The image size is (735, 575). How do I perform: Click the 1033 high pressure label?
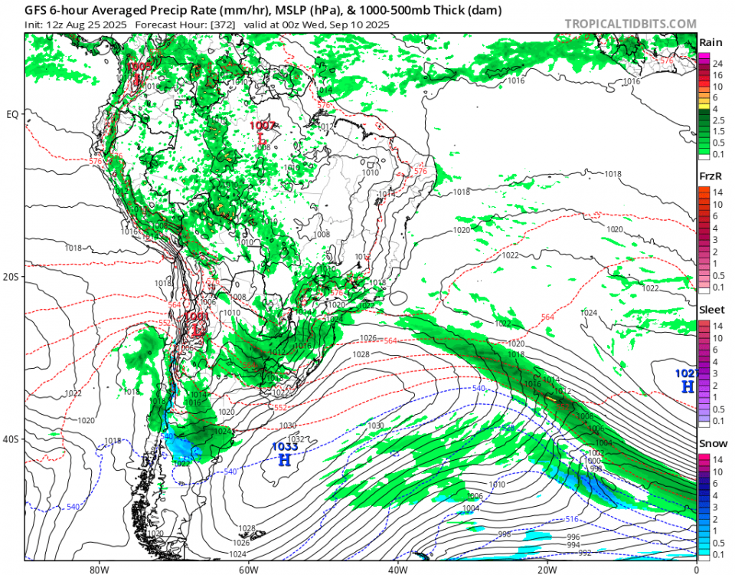click(284, 446)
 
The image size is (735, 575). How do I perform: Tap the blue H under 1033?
click(284, 460)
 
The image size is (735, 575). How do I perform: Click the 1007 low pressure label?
click(263, 125)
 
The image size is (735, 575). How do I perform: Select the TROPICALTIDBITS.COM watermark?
click(630, 24)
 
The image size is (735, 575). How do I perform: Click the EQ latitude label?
click(11, 115)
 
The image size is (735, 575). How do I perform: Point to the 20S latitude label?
click(11, 277)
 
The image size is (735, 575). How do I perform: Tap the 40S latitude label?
click(11, 439)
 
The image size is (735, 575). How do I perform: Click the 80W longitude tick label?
click(98, 570)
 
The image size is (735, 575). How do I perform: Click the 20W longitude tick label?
click(547, 570)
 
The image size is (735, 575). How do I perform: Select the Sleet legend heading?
click(710, 310)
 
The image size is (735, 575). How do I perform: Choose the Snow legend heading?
click(710, 445)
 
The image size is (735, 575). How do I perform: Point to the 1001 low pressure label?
click(197, 316)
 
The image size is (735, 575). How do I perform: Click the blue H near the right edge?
click(687, 387)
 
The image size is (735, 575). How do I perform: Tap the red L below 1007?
click(262, 140)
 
